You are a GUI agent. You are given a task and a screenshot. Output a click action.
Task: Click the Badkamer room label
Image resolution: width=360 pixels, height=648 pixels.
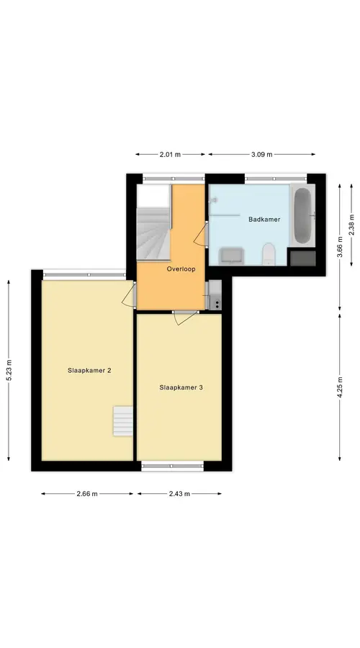click(x=264, y=220)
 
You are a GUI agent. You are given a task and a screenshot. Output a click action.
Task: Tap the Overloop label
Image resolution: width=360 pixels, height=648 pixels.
click(x=181, y=269)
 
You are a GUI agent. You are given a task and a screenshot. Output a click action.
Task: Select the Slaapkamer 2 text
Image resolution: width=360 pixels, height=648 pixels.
click(x=89, y=371)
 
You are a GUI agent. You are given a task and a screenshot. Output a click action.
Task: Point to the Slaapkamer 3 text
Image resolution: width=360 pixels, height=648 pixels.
click(x=181, y=387)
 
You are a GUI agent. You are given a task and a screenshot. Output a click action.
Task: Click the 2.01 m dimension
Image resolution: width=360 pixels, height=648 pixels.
click(x=171, y=155)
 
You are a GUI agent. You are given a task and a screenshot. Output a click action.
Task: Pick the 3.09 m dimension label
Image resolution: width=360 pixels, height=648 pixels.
click(x=261, y=155)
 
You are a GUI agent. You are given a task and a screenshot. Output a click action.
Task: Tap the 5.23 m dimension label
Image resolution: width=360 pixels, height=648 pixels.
click(x=9, y=371)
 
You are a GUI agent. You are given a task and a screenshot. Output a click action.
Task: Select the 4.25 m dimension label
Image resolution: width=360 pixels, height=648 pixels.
click(x=340, y=387)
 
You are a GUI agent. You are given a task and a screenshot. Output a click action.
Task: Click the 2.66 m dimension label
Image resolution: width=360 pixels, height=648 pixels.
click(x=87, y=493)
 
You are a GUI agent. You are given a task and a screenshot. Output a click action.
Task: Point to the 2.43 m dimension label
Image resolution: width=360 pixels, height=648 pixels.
click(x=179, y=493)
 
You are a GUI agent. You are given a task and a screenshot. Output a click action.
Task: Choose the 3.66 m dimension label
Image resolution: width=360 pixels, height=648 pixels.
click(x=340, y=247)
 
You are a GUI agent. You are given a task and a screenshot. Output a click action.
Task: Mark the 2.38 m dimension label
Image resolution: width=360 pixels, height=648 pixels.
click(x=352, y=225)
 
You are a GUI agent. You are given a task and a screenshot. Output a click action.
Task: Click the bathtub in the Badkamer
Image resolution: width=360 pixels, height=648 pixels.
click(x=303, y=215)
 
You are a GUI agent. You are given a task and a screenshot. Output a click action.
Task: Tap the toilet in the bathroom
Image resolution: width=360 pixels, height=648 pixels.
click(x=269, y=254)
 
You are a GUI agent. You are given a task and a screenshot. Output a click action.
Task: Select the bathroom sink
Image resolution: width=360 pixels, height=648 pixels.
click(x=231, y=256)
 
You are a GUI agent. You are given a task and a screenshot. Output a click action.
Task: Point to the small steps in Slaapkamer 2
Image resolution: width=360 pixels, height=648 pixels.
click(x=123, y=420)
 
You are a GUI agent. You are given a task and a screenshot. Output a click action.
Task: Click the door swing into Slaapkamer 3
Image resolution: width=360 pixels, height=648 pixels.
click(x=185, y=318)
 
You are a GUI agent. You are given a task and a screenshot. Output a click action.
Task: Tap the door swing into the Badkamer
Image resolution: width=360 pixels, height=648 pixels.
click(x=200, y=234)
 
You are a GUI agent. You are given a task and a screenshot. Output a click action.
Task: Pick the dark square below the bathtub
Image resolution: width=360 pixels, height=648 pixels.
click(x=303, y=258)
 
